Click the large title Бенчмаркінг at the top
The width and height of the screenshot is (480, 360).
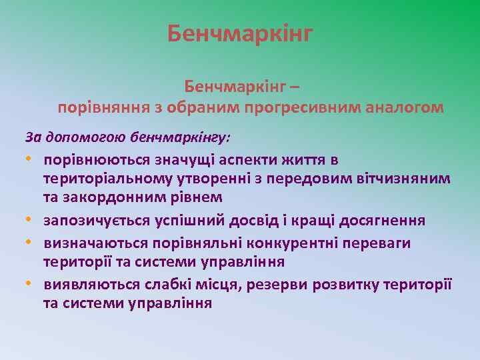[x=240, y=33]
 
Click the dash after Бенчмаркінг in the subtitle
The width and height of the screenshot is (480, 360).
[x=295, y=87]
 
